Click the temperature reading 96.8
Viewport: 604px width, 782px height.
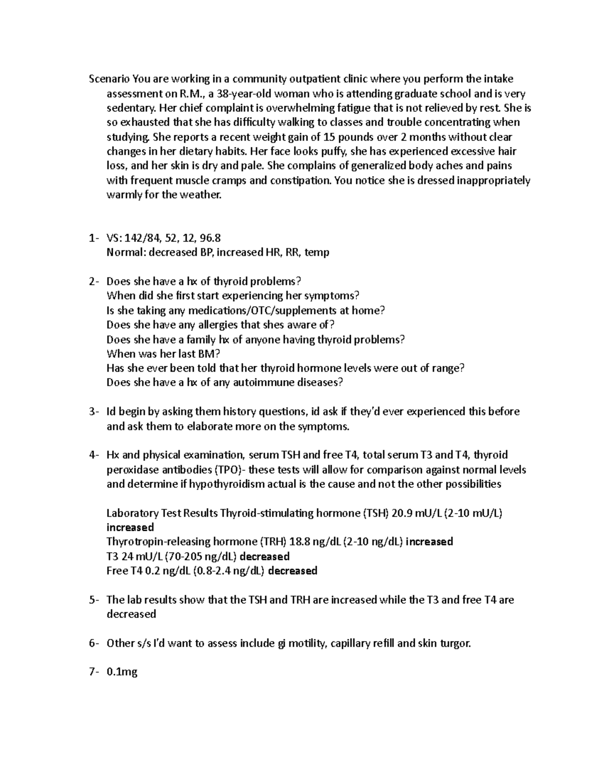210,238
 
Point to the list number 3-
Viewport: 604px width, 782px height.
94,412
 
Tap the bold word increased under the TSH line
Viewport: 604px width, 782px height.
130,528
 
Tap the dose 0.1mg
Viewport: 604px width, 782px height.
122,672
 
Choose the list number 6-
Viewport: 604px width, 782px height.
94,644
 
